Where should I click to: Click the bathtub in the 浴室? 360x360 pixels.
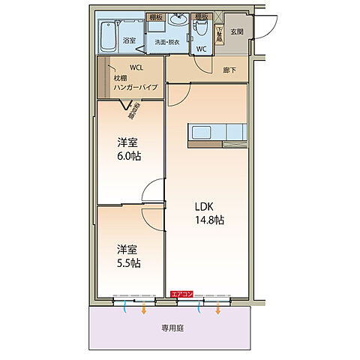point(106,32)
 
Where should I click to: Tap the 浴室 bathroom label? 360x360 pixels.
point(130,40)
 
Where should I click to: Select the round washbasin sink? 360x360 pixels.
point(178,21)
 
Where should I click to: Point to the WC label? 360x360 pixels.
point(201,49)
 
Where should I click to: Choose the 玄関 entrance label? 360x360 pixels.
point(237,31)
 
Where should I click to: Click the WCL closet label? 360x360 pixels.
point(136,67)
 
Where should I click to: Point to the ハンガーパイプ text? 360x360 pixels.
point(136,87)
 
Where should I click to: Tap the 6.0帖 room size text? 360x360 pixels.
point(129,156)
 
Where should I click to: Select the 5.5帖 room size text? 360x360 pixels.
point(129,263)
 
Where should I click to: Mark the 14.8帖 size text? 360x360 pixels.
point(210,220)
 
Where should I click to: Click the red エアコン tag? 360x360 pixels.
point(182,295)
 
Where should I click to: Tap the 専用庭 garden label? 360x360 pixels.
point(173,328)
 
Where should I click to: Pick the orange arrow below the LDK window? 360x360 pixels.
point(218,308)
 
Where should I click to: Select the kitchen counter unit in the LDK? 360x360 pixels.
point(217,133)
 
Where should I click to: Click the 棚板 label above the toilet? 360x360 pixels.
point(201,16)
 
